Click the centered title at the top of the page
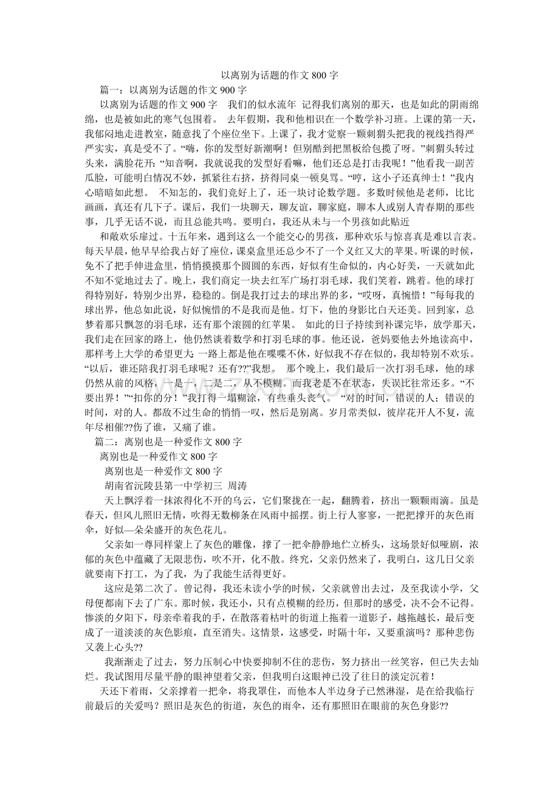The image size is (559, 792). point(279,76)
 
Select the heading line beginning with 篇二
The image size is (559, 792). point(168,442)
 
